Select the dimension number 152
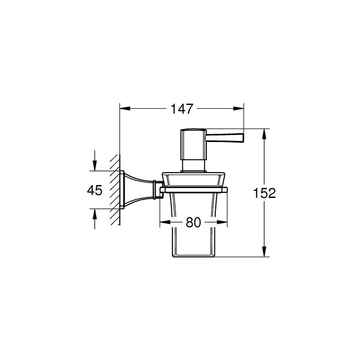[264, 193]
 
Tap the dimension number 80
[193, 222]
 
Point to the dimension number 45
[95, 190]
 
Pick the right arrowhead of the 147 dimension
[239, 109]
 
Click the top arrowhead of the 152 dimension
[264, 134]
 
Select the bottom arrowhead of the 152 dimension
[264, 251]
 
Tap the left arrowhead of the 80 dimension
[165, 222]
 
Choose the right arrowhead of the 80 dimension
[222, 222]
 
